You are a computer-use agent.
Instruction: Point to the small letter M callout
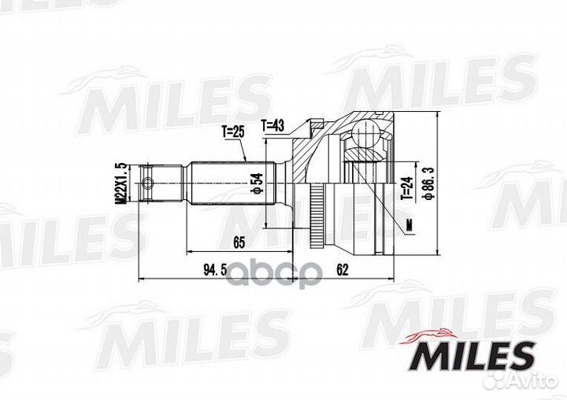coord(409,226)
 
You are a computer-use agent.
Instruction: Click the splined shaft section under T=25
coord(228,186)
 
